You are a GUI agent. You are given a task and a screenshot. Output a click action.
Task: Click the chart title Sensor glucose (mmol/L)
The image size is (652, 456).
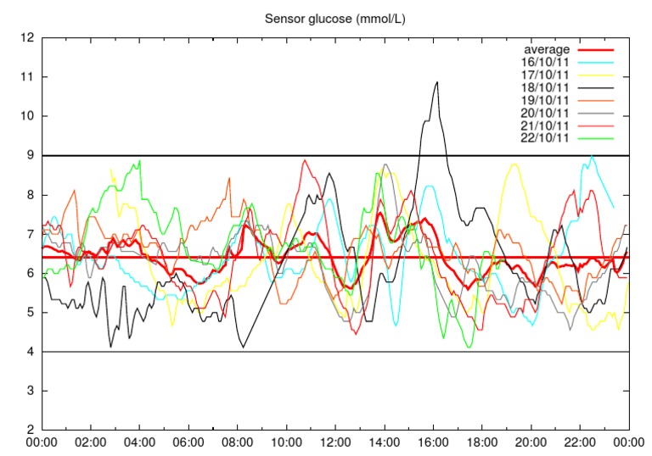tap(335, 18)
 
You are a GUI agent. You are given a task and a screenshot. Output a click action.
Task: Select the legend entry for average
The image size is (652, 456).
tap(546, 50)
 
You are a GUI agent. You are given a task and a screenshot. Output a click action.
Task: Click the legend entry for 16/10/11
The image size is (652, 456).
tap(546, 62)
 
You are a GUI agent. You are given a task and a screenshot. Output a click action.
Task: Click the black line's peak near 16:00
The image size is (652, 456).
tap(436, 82)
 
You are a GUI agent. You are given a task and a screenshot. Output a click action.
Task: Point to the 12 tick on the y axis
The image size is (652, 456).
tap(28, 38)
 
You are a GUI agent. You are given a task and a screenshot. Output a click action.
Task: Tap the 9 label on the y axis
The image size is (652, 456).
tap(31, 156)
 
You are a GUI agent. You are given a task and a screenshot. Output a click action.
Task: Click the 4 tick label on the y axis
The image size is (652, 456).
tap(31, 352)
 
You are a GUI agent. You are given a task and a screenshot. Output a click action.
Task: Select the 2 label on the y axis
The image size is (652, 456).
tap(31, 430)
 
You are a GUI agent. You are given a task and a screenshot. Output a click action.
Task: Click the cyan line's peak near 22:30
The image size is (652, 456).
tap(592, 157)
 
